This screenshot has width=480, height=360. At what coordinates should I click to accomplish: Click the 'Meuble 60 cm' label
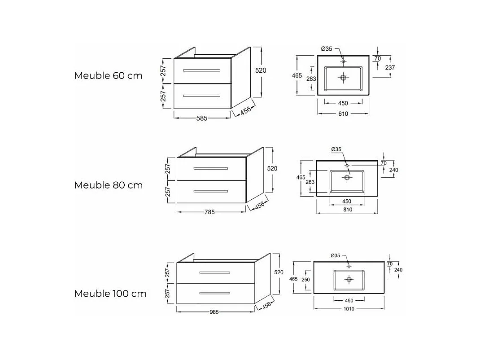[x=108, y=75]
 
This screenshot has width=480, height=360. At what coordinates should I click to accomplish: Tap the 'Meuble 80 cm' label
[x=108, y=185]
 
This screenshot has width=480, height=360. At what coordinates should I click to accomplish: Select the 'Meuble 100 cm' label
[x=110, y=294]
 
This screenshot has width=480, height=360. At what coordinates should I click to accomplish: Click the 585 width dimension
[x=202, y=119]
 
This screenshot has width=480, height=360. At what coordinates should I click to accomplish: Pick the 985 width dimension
[x=214, y=312]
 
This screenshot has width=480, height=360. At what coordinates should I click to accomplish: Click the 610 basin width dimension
[x=343, y=114]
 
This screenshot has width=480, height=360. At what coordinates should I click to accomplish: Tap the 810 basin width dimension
[x=347, y=210]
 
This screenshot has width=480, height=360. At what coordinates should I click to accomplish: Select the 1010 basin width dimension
[x=349, y=309]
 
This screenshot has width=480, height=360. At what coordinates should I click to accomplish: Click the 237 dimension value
[x=390, y=67]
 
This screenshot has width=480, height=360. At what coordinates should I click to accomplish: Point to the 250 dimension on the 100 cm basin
[x=305, y=279]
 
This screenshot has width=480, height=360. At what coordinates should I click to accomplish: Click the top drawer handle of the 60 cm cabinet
[x=202, y=70]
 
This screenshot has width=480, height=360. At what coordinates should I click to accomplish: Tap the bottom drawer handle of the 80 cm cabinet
[x=211, y=191]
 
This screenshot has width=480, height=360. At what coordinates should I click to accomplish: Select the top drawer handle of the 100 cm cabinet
[x=215, y=273]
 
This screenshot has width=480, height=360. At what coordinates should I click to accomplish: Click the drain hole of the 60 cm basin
[x=343, y=78]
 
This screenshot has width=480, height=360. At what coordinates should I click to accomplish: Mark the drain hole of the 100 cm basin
[x=349, y=279]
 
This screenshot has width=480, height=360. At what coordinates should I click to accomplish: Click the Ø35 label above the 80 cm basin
[x=336, y=149]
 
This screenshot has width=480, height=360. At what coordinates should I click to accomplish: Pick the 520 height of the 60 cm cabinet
[x=261, y=70]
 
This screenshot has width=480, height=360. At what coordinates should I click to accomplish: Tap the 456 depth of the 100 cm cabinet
[x=266, y=306]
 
